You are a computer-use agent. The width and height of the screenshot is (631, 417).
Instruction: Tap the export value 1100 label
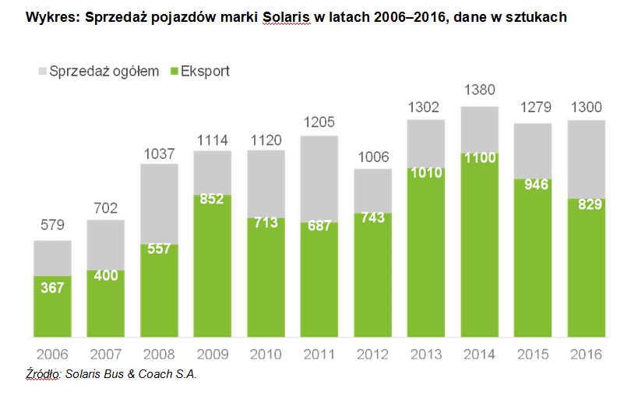[478, 157]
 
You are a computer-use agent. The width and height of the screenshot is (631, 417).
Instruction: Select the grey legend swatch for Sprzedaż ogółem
[41, 72]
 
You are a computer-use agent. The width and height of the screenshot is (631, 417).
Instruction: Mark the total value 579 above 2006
[52, 226]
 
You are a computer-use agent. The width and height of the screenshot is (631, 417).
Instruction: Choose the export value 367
[52, 288]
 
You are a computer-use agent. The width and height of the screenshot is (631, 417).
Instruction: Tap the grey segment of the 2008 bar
[159, 203]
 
